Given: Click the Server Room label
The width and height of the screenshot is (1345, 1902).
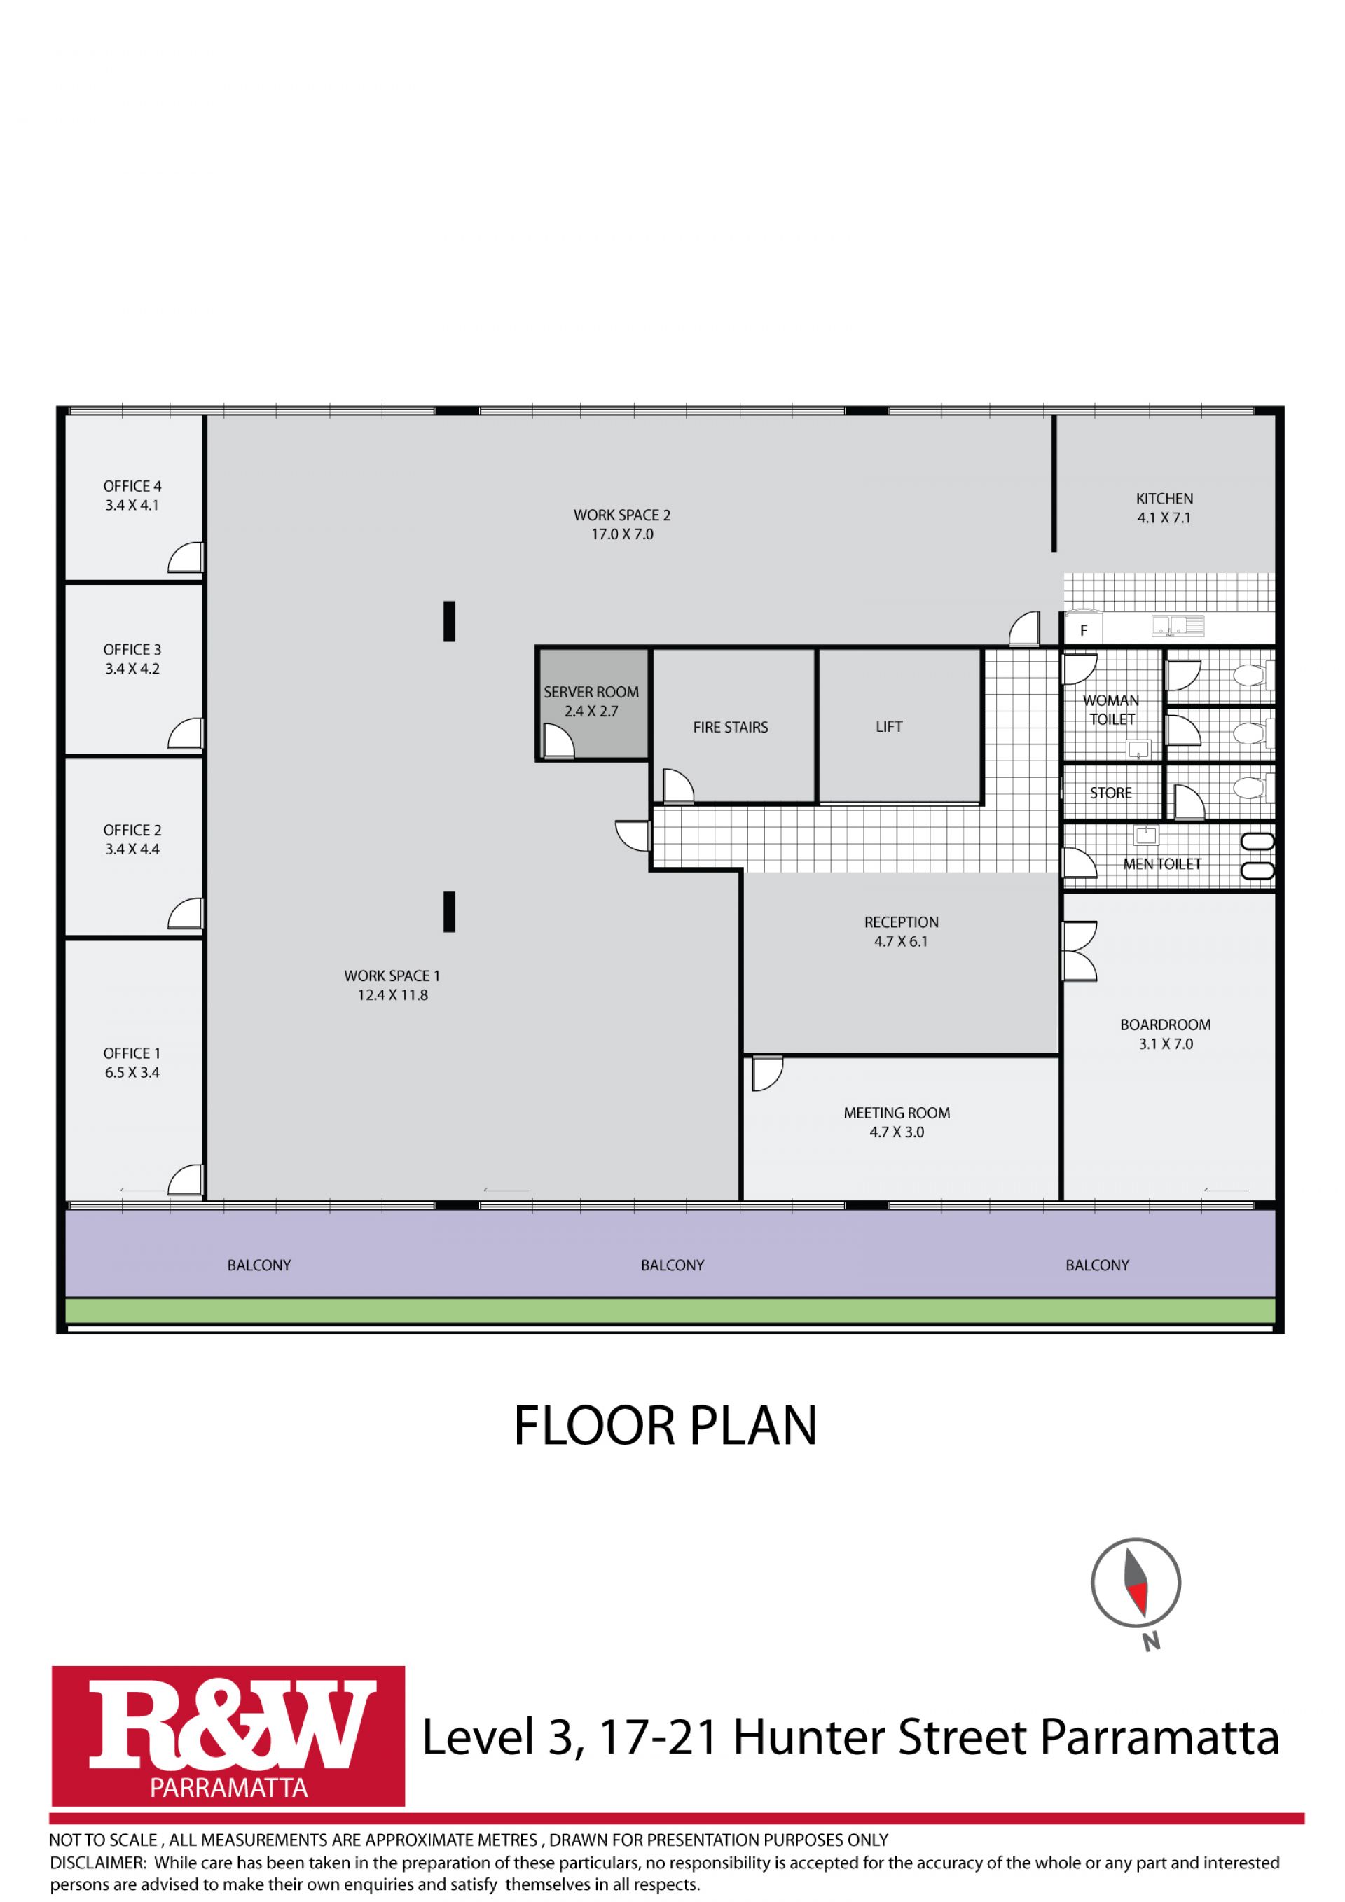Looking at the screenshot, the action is (591, 692).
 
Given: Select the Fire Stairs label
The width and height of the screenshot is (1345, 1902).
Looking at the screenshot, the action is (730, 728).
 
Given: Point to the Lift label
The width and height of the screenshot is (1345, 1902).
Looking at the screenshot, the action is (888, 726).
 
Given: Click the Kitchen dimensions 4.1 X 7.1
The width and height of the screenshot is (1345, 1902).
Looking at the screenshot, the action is (1164, 518).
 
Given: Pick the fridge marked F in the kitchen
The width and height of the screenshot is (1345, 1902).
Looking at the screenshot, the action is (1083, 630).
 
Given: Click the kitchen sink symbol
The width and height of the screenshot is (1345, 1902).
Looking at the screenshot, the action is (1178, 627).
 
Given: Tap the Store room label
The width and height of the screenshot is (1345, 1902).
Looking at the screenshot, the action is (1110, 793).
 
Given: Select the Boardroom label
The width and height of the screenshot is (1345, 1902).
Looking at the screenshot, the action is (1165, 1025).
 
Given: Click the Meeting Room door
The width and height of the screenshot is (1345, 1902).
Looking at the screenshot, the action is (766, 1074).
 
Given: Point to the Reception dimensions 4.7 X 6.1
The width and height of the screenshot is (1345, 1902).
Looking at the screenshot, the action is (901, 941).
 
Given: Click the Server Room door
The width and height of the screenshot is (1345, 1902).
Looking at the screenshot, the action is (558, 741).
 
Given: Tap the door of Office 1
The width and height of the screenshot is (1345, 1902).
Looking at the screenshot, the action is (186, 1179).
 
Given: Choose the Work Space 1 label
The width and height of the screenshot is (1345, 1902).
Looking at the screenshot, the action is (392, 976).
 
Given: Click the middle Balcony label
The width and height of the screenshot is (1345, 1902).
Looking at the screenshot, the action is (672, 1265).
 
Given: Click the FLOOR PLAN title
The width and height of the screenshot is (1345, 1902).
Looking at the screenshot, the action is (665, 1426).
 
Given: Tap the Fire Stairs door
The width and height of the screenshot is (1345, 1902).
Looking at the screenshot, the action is (678, 786).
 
